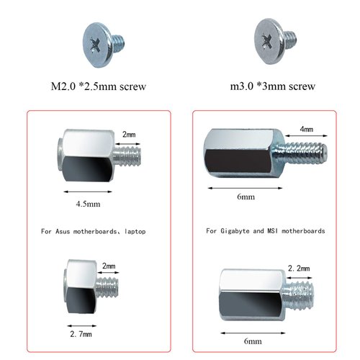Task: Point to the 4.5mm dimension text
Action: [x=87, y=204]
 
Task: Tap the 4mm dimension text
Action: [x=305, y=130]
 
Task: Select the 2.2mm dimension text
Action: [x=298, y=268]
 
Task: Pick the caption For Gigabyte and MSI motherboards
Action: [x=265, y=231]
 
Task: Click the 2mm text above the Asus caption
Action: [x=128, y=135]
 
